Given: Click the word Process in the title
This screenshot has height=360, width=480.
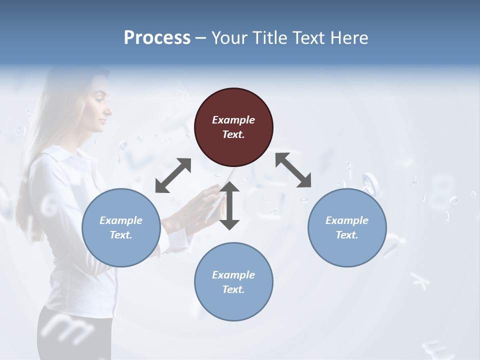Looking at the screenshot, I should coord(157,38).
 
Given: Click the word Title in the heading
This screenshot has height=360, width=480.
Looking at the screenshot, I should coord(270,38).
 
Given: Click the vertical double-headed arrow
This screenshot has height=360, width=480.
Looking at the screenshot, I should coord(229,205).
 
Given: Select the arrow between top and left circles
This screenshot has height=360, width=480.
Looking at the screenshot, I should coord(173,175).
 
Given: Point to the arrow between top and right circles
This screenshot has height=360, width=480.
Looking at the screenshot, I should coord(293,170).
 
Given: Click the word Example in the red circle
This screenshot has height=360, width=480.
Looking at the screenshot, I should coord(233,120).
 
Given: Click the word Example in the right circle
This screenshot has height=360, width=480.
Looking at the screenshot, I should coord(347,220).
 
